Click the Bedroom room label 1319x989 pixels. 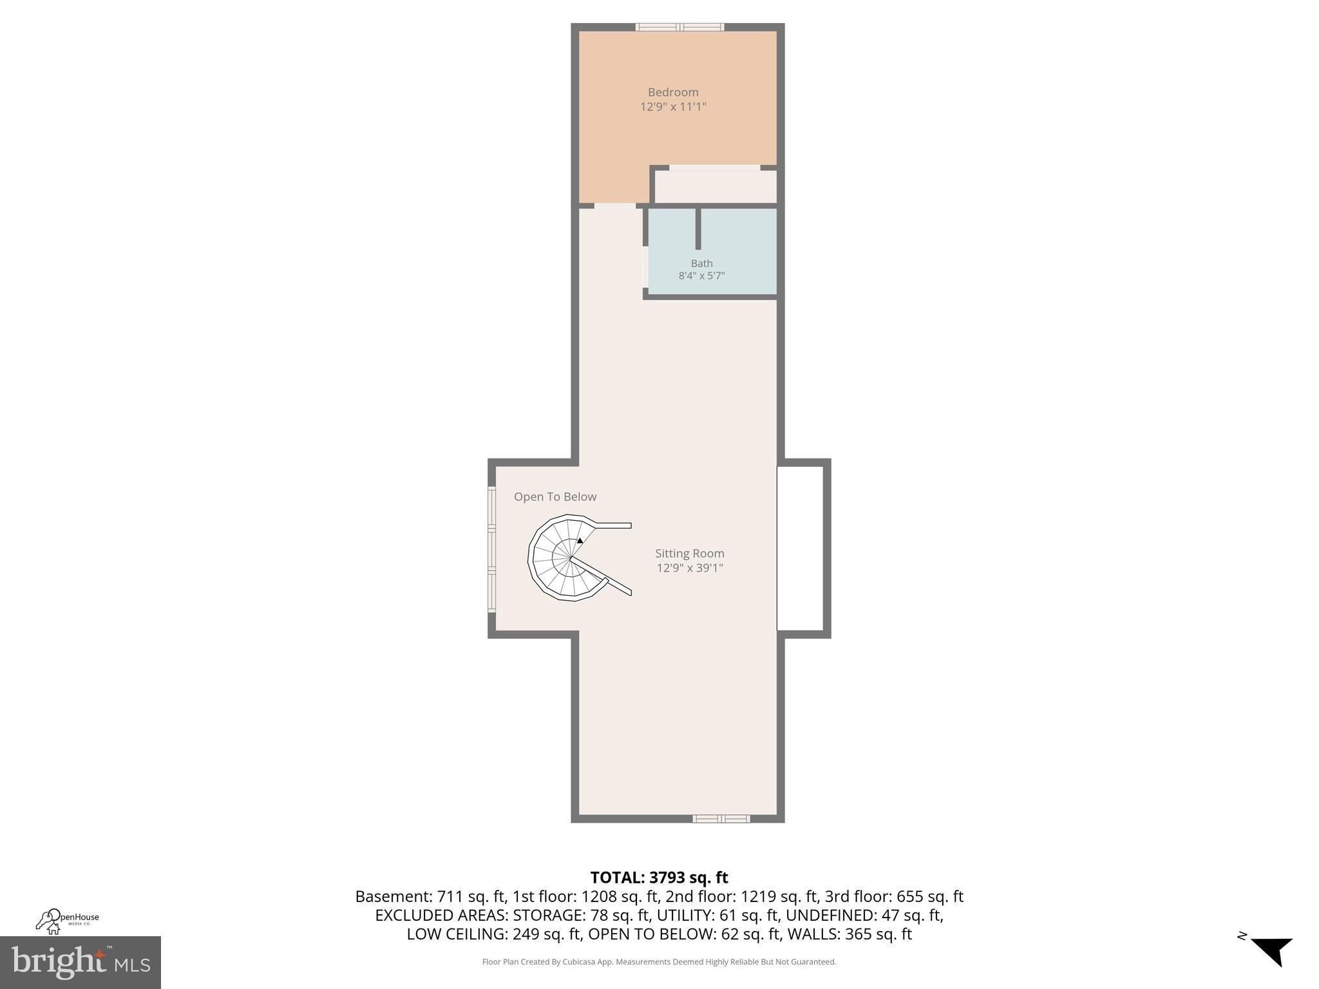[673, 92]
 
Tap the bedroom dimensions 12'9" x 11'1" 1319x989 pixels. [673, 107]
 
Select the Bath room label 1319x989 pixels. [701, 263]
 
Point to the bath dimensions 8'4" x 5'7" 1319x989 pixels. [701, 276]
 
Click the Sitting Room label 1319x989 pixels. [690, 553]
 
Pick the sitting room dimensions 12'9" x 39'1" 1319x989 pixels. [690, 568]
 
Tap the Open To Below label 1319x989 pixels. [555, 496]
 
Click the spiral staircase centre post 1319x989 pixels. [571, 558]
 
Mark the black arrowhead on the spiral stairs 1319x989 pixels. [580, 541]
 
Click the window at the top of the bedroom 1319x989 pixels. [679, 27]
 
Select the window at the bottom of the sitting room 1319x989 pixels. [721, 818]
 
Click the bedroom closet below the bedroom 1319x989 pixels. [715, 187]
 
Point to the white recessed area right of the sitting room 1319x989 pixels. [800, 548]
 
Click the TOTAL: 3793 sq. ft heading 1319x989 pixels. [659, 878]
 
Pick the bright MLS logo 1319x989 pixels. [81, 963]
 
